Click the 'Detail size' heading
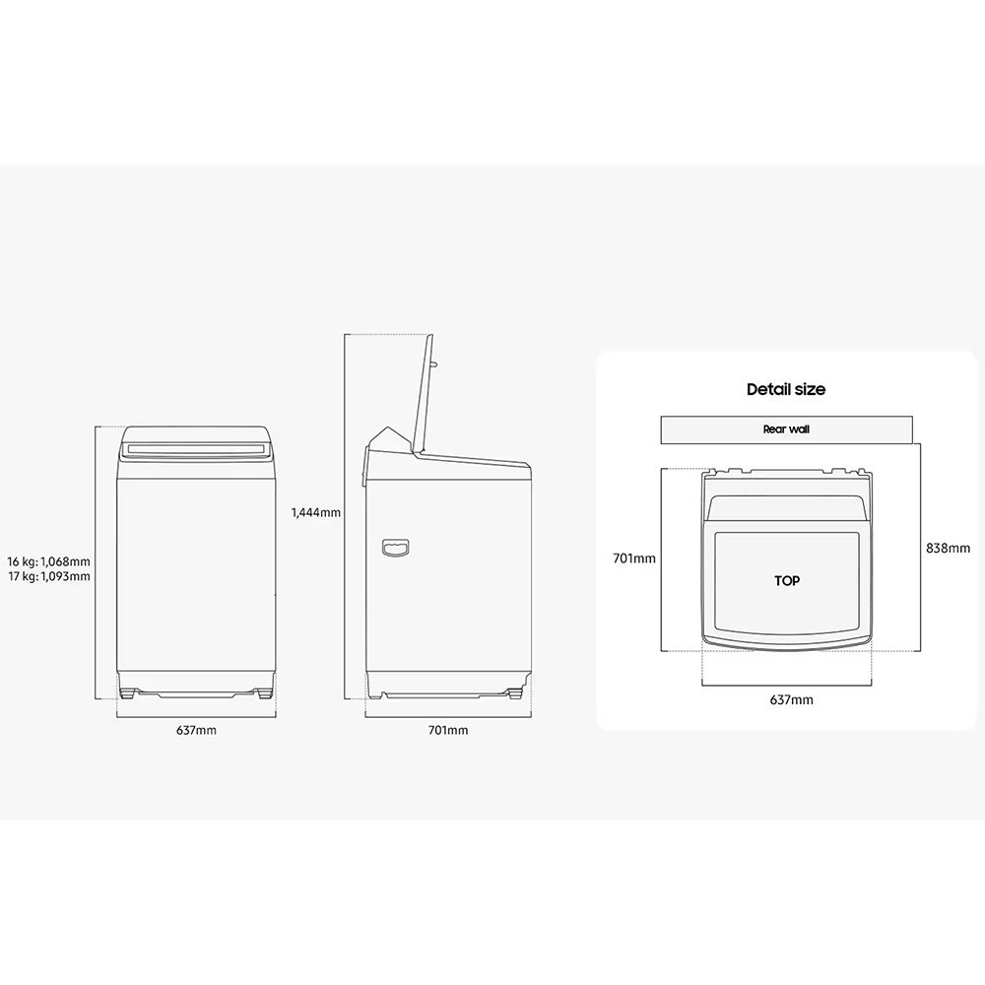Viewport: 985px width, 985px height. coord(785,389)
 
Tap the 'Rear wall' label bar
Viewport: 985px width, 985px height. coord(786,429)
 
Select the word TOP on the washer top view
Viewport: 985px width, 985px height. coord(786,581)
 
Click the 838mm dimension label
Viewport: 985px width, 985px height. coord(949,548)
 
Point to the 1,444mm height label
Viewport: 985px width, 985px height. coord(315,512)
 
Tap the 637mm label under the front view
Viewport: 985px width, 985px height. coord(196,730)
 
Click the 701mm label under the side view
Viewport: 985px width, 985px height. coord(448,730)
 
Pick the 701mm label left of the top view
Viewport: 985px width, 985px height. coord(633,558)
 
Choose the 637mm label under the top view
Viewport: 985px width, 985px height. coord(790,700)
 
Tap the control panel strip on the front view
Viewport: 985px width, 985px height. coord(196,450)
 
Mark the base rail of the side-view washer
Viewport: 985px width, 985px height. coord(448,689)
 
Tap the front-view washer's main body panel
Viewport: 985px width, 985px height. coord(196,571)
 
